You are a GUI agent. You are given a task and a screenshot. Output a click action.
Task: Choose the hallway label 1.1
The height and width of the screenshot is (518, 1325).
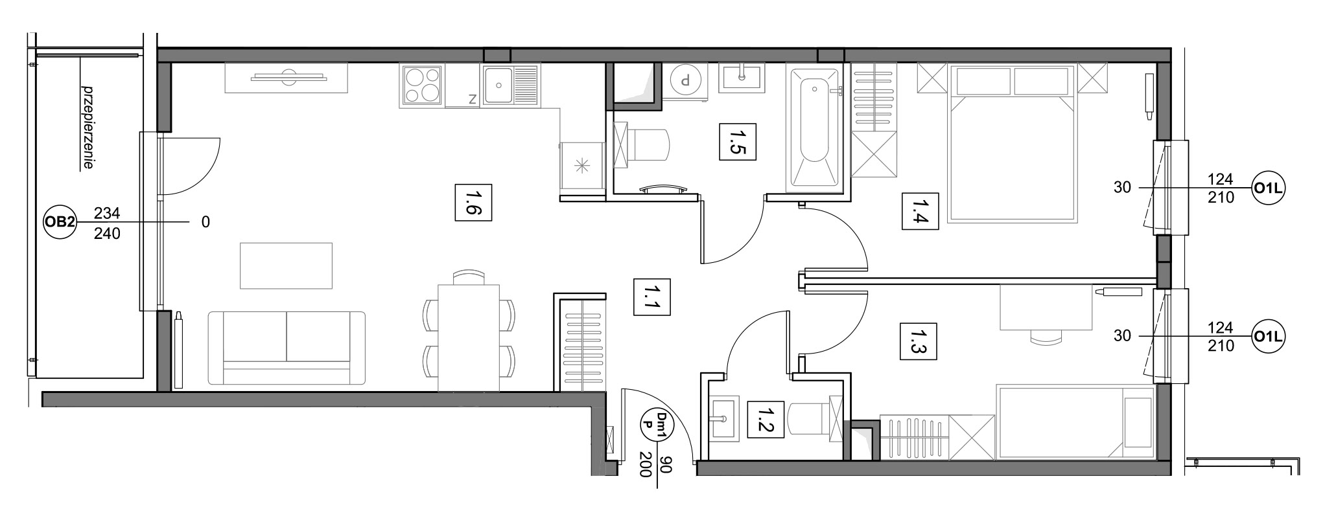[x=648, y=297]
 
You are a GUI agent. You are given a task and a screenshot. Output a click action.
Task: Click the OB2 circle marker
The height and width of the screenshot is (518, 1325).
[x=60, y=222]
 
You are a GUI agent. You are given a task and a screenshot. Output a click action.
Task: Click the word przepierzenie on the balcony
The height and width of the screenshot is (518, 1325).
[x=86, y=127]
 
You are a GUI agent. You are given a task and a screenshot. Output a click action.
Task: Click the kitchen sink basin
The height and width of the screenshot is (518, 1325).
[x=498, y=85]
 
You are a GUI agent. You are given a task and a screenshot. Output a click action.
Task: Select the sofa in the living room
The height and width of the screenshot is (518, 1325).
[x=287, y=348]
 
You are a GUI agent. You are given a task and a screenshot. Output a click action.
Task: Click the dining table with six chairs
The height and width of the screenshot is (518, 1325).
[x=469, y=330]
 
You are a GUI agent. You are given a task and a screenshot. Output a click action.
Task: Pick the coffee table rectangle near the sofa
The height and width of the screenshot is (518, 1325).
[x=286, y=265]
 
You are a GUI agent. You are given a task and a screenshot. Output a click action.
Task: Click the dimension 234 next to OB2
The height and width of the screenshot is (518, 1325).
[x=107, y=212]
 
